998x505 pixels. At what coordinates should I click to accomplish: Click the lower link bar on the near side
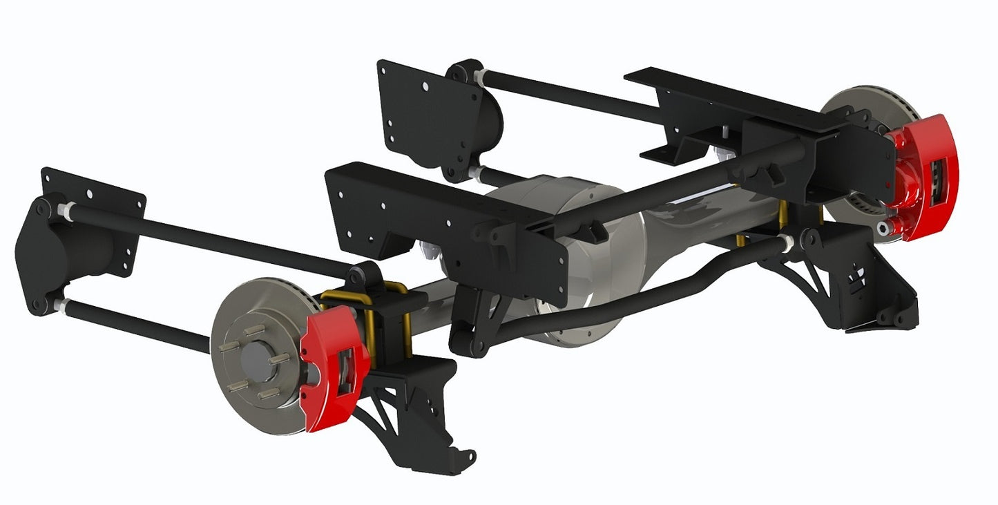pyautogui.click(x=138, y=325)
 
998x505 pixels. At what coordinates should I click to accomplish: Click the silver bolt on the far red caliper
pyautogui.click(x=883, y=227)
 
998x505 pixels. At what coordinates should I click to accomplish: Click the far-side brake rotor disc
pyautogui.click(x=863, y=104)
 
